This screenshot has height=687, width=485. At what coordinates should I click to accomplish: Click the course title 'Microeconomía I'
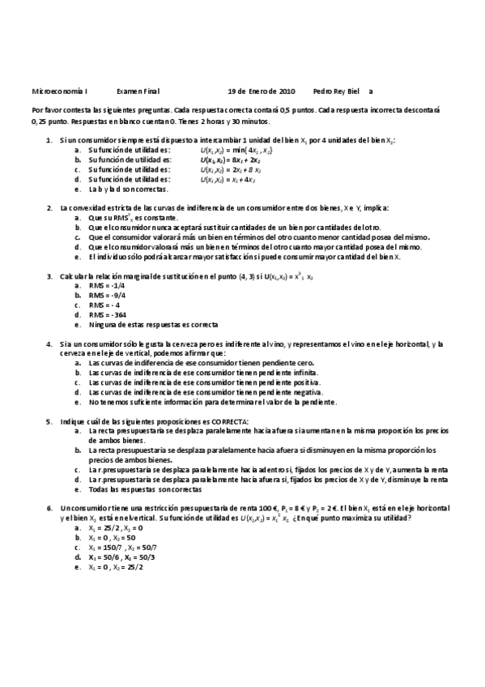pyautogui.click(x=61, y=92)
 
